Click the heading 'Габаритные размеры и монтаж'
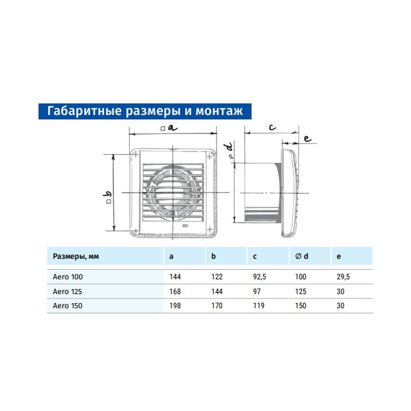[x=145, y=111]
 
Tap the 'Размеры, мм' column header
[x=76, y=256]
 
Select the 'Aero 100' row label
[x=67, y=277]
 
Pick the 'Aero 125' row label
[x=67, y=292]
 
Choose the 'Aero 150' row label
[x=67, y=306]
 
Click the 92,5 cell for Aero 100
[x=259, y=277]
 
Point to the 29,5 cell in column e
[x=343, y=277]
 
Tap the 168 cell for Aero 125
[x=175, y=292]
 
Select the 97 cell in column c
[x=257, y=292]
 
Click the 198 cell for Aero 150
[x=175, y=306]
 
